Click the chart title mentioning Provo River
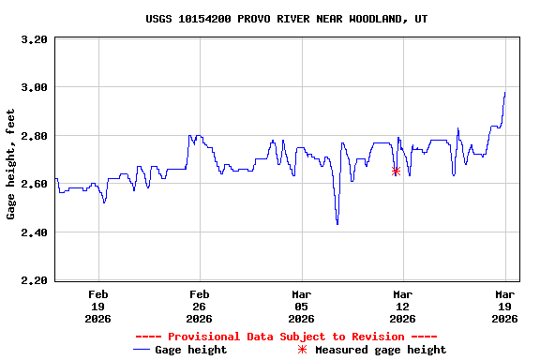point(287,18)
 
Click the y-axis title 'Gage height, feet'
point(11,164)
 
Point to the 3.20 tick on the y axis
point(34,39)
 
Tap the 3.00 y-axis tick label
point(34,87)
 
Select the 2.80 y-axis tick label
point(34,136)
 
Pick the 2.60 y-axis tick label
point(34,184)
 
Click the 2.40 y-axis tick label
point(34,232)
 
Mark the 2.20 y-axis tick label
point(34,280)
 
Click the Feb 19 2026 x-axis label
point(97,306)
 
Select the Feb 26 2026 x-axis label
point(199,306)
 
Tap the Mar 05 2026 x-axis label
point(301,306)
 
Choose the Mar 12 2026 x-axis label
point(402,306)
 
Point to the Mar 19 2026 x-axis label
point(504,306)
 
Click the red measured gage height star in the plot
point(396,171)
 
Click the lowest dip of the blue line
point(337,223)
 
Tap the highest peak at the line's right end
point(504,93)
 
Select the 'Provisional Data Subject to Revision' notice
point(286,336)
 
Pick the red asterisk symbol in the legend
point(302,350)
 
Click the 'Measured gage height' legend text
point(381,350)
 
